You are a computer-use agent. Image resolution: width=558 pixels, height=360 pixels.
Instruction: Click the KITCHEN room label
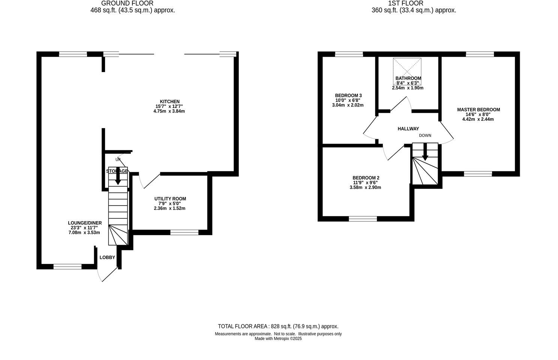coord(169,102)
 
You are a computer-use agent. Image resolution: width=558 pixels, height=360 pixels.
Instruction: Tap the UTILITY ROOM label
coord(170,199)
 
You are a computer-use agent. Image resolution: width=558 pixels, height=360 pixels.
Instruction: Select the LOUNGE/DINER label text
coord(85,223)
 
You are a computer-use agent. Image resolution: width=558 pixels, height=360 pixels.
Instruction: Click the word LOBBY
coord(107,257)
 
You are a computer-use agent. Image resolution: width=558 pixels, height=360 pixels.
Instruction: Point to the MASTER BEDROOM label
coord(478,110)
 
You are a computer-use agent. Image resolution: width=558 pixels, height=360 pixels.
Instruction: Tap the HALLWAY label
coord(408,129)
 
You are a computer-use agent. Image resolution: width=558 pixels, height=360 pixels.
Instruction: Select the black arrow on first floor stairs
coord(425,154)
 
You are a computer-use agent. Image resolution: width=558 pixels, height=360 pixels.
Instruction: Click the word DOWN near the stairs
coord(425,135)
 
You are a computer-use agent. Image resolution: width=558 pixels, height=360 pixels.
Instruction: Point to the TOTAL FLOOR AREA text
coord(278,326)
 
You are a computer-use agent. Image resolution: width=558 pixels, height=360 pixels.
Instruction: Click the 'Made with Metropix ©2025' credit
coord(278,339)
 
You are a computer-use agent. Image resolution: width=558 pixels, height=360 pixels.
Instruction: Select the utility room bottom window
coord(184,232)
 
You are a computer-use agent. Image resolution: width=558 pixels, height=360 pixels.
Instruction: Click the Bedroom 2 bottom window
coord(363,219)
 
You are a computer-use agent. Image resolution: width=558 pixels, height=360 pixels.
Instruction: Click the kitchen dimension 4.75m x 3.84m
coord(169,111)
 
